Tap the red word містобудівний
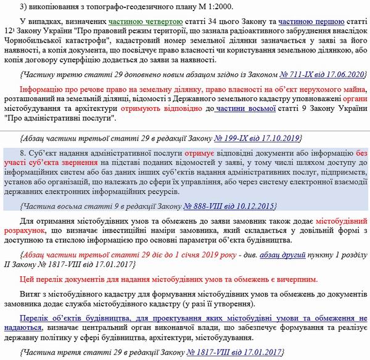click(340, 219)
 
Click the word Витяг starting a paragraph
click(31, 295)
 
